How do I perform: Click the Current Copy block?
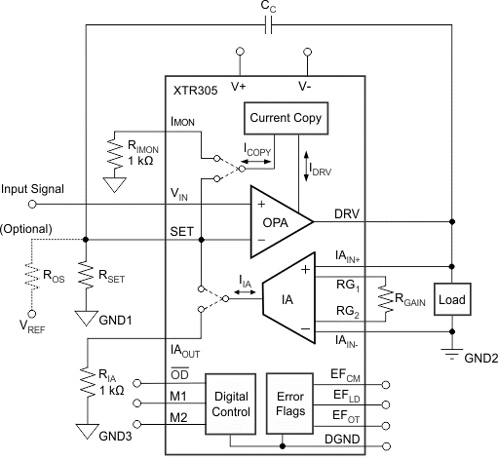(x=286, y=118)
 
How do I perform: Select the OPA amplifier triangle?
(x=282, y=222)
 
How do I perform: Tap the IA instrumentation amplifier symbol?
(x=288, y=298)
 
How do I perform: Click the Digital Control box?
(x=231, y=404)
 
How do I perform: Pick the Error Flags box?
(x=290, y=403)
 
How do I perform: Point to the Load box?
(x=452, y=299)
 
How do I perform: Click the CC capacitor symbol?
(x=268, y=24)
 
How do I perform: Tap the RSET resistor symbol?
(x=86, y=275)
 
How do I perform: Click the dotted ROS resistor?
(x=32, y=276)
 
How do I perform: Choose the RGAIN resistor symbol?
(x=386, y=298)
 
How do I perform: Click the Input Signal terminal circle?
(x=32, y=205)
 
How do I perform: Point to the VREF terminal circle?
(x=32, y=314)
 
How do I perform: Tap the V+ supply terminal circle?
(x=240, y=52)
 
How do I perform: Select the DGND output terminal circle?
(x=386, y=446)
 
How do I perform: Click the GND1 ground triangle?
(x=86, y=319)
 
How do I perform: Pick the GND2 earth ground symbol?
(x=452, y=354)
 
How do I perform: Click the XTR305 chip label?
(x=195, y=91)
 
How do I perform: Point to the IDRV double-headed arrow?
(x=306, y=166)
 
